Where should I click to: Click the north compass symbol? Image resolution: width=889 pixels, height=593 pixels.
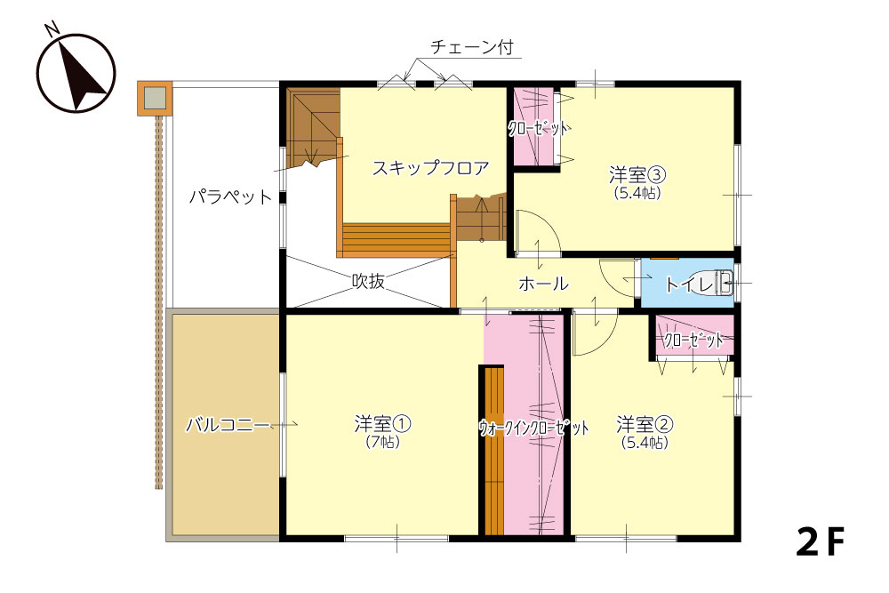pos(76,71)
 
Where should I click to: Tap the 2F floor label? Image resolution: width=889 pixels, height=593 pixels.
pos(821,542)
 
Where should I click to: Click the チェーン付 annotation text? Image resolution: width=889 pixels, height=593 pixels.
pos(472,46)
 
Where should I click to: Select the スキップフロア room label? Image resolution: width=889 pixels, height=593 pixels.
pos(430,168)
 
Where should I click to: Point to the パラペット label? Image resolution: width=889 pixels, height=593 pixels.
pos(231,196)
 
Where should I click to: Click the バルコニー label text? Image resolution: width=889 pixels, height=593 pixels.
pos(228,424)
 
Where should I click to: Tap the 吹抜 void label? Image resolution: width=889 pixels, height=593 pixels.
pos(369,281)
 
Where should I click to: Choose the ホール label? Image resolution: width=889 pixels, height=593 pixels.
pos(543,284)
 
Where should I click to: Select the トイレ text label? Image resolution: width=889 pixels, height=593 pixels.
pos(689,284)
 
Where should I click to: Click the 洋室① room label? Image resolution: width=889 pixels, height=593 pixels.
pos(382,423)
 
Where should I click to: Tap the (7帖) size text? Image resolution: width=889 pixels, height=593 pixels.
pos(382,442)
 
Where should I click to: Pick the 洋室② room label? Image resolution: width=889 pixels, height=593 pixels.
pos(645,423)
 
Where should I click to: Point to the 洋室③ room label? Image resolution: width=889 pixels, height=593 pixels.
pos(637,174)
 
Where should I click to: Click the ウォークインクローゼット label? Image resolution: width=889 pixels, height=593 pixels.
pos(533,428)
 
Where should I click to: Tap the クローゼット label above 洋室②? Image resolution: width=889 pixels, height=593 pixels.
pos(694,341)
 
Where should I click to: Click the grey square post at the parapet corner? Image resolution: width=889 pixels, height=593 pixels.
pos(155,98)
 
